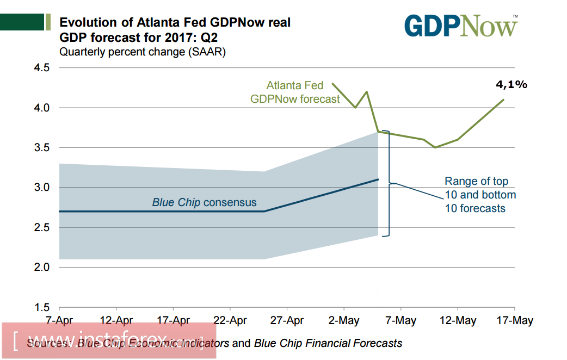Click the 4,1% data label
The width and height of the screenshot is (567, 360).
(511, 84)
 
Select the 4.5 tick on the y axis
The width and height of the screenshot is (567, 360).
(42, 68)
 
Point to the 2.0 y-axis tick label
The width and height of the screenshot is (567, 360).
(42, 268)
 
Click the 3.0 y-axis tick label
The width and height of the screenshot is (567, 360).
(42, 188)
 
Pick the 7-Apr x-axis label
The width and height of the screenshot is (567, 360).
(58, 320)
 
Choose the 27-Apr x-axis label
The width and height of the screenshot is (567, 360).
(287, 320)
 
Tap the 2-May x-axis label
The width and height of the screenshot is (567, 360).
(344, 320)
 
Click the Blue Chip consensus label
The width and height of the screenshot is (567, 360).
(204, 203)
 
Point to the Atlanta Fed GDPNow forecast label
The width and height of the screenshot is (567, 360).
(295, 92)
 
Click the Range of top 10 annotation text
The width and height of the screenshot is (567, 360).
(480, 195)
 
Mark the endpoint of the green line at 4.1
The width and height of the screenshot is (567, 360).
(503, 100)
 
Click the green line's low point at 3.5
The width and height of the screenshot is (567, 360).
(435, 147)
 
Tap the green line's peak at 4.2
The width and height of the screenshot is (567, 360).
(367, 91)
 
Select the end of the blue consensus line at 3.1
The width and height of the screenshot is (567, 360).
(378, 179)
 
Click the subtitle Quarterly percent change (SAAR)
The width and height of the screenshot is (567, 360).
(142, 53)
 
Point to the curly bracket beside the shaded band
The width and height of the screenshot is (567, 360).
(388, 183)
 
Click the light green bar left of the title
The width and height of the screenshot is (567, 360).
(48, 22)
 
